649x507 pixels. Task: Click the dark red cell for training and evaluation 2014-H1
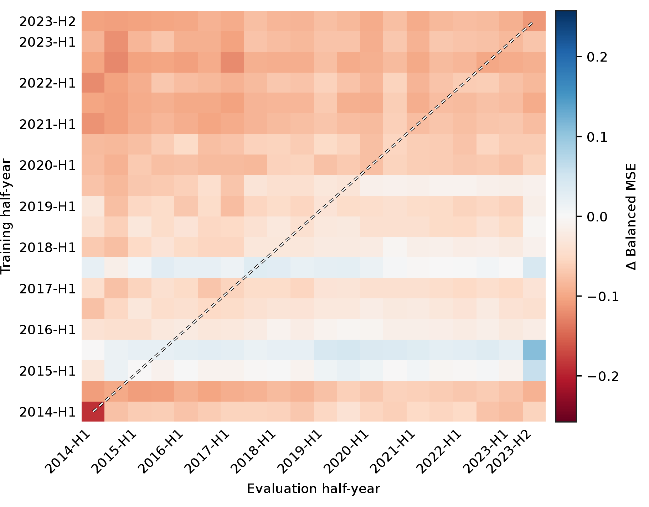click(x=93, y=412)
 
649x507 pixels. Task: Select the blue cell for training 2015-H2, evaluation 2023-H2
click(x=534, y=350)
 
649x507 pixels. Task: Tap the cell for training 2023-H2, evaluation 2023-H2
click(x=534, y=21)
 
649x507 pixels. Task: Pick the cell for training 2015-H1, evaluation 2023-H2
click(x=534, y=371)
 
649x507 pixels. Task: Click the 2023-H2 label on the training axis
click(x=47, y=22)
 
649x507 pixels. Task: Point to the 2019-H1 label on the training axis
click(x=47, y=207)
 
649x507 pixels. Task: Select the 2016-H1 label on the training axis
click(x=47, y=330)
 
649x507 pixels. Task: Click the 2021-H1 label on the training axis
click(x=47, y=125)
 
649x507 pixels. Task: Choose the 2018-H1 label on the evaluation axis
click(x=253, y=452)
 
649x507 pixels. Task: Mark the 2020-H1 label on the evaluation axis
click(x=346, y=452)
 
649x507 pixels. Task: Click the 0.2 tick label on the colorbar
click(x=597, y=57)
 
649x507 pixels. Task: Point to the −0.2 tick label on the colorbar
click(x=602, y=376)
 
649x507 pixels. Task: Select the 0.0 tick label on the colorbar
click(x=597, y=216)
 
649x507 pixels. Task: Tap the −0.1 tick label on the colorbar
click(x=602, y=297)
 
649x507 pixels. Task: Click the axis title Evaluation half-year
click(x=314, y=489)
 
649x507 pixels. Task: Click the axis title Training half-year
click(x=6, y=216)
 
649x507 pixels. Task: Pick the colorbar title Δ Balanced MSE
click(x=631, y=216)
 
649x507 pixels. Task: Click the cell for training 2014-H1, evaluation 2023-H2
click(x=534, y=412)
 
